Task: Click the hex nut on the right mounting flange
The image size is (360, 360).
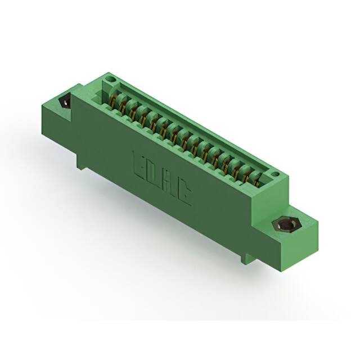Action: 285,225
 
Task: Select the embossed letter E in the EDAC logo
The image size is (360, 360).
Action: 138,163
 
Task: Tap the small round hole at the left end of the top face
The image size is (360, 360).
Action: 111,79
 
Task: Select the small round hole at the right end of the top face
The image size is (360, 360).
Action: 275,175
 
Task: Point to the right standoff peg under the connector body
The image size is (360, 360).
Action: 243,258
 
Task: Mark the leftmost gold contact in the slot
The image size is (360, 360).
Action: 116,101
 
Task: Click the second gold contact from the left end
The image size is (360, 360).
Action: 126,107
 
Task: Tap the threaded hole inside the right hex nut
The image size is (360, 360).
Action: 285,226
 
